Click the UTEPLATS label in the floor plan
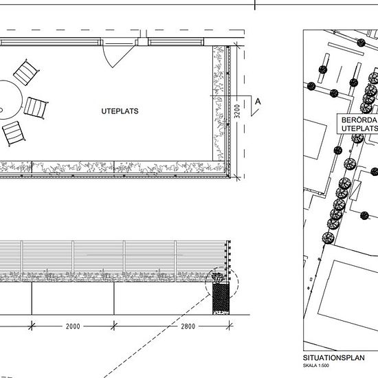[120, 111]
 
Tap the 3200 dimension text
[237, 111]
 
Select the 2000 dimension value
[73, 326]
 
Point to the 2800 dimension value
[188, 326]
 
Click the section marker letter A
[258, 102]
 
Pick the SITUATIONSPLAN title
[333, 358]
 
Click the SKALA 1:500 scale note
[316, 366]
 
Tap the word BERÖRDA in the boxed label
[359, 120]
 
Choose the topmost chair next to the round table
[26, 72]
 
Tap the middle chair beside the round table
[36, 108]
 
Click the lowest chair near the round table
[14, 133]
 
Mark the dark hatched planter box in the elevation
[221, 298]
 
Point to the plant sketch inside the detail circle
[218, 278]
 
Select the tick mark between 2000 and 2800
[114, 326]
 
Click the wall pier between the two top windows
[143, 42]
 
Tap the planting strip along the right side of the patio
[219, 103]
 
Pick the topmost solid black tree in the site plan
[361, 43]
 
